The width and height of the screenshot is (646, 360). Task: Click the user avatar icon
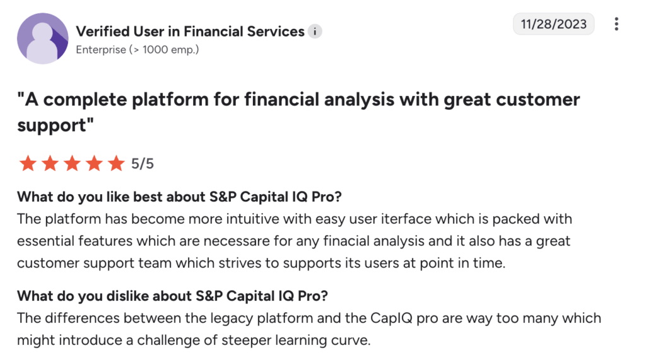pyautogui.click(x=42, y=38)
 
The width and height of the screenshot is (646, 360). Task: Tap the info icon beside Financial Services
pyautogui.click(x=315, y=32)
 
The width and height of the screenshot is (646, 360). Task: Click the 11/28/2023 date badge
pyautogui.click(x=553, y=25)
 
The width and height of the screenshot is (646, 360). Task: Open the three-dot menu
pyautogui.click(x=616, y=25)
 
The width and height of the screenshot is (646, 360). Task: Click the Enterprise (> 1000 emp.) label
pyautogui.click(x=137, y=49)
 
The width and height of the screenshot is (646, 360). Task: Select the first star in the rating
pyautogui.click(x=28, y=164)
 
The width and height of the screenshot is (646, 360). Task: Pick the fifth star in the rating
pyautogui.click(x=116, y=164)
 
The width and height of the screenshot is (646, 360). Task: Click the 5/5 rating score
pyautogui.click(x=142, y=164)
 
